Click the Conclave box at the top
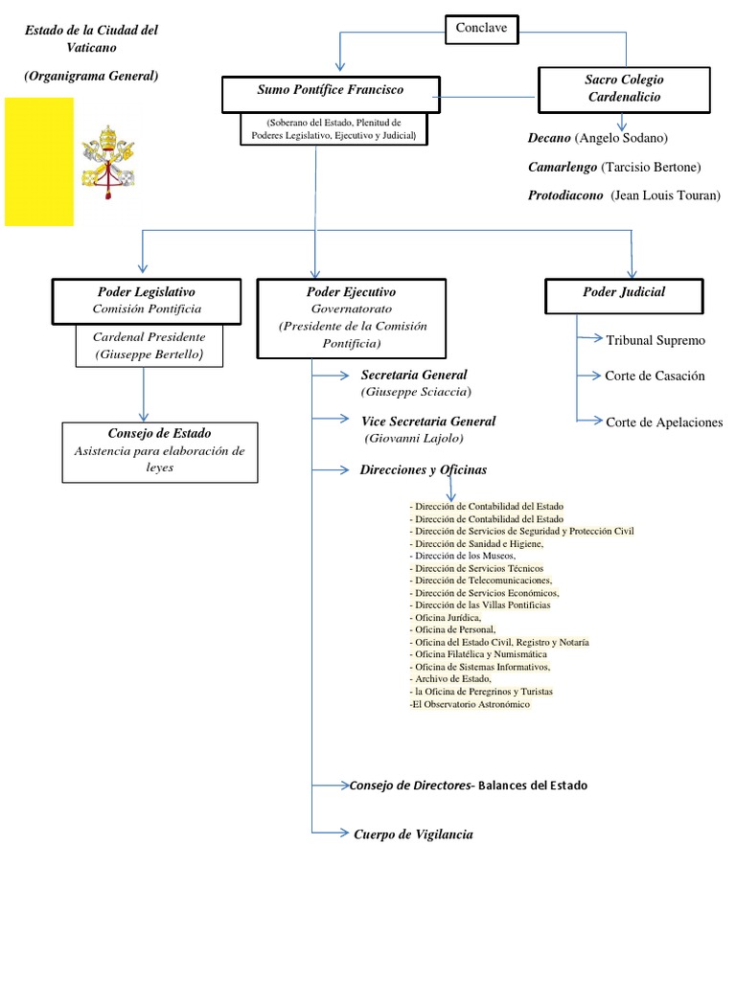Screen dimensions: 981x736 (482, 30)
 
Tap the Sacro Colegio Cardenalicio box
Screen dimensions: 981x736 (623, 89)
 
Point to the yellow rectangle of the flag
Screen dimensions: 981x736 (39, 161)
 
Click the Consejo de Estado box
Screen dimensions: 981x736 (159, 451)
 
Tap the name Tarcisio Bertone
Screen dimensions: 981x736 (651, 167)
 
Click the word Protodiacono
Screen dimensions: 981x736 (565, 195)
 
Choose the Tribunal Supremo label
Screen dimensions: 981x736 (655, 340)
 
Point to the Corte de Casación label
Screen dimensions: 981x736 (655, 376)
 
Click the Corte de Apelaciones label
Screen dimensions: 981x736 (664, 422)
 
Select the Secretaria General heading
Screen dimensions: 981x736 (414, 375)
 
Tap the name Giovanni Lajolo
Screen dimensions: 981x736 (414, 438)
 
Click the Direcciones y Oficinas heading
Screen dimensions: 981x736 (423, 470)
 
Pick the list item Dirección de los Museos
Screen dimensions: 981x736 (464, 556)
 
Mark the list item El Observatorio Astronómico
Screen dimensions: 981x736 (469, 704)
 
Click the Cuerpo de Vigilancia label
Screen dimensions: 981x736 (413, 834)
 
